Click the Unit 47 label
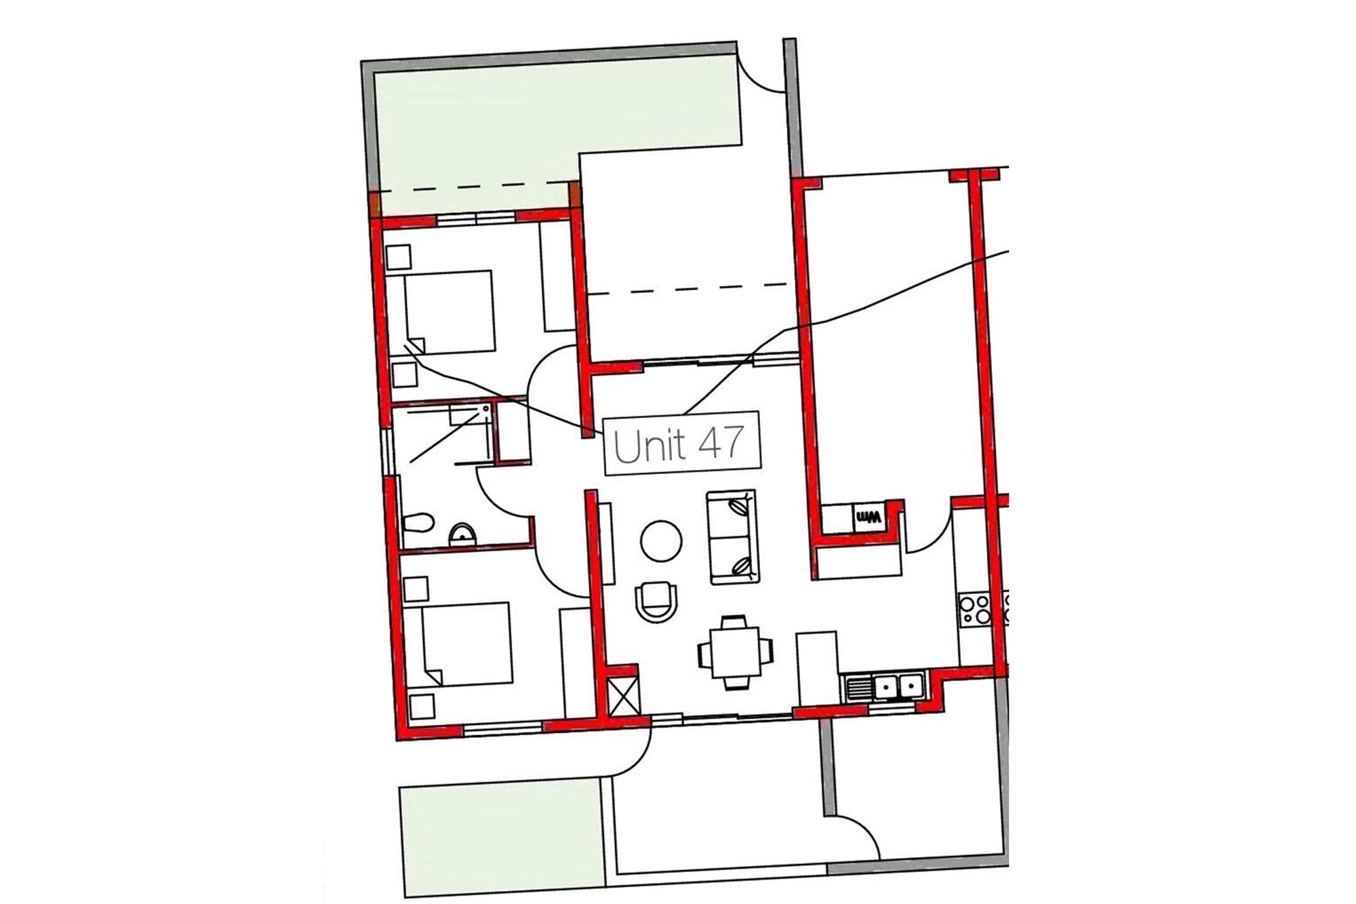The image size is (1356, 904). point(682,444)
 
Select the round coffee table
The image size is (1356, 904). point(661,541)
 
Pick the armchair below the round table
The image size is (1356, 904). point(656,602)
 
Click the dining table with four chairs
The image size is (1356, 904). point(736,652)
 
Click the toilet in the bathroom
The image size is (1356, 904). point(418,523)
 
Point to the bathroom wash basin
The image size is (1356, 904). point(464,534)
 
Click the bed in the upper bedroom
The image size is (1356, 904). point(448,313)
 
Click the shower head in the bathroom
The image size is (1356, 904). point(485,409)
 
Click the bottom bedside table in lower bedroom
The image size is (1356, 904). point(421,707)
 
